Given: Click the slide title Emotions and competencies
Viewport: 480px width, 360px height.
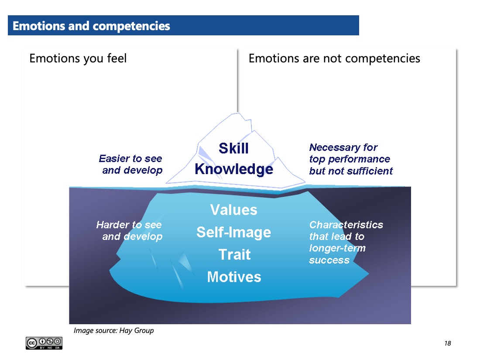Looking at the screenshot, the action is [x=91, y=26].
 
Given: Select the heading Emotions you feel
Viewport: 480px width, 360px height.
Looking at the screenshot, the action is [x=78, y=58].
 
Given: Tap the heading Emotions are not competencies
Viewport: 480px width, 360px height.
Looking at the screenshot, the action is [x=334, y=58].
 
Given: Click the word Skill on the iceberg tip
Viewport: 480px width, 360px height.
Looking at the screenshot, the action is [x=233, y=148].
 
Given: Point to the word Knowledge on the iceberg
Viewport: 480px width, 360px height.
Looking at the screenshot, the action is [x=234, y=169].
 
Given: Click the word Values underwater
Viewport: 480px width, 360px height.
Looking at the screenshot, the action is [x=233, y=210].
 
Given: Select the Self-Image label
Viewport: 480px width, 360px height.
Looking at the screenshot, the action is [x=233, y=232].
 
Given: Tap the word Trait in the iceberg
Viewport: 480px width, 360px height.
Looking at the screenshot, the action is [x=234, y=254].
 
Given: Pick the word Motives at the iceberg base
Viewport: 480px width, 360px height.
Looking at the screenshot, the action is [x=234, y=277].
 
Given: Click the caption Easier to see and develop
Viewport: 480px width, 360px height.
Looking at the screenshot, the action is [x=131, y=165].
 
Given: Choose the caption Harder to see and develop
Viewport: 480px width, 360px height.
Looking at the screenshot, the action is [x=130, y=231].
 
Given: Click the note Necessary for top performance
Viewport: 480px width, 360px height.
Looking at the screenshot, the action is [x=351, y=159].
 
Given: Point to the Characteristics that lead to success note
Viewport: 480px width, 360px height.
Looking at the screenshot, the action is [x=346, y=242].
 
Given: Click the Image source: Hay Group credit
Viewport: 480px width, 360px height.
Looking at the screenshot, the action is [x=113, y=331].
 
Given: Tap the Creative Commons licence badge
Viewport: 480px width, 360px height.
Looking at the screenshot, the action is [x=44, y=343].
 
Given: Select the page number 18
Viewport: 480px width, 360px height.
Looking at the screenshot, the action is [x=448, y=343].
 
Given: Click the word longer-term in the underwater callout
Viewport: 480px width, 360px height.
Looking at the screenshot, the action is [x=337, y=248].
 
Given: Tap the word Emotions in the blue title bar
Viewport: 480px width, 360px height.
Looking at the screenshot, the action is [x=39, y=26].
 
